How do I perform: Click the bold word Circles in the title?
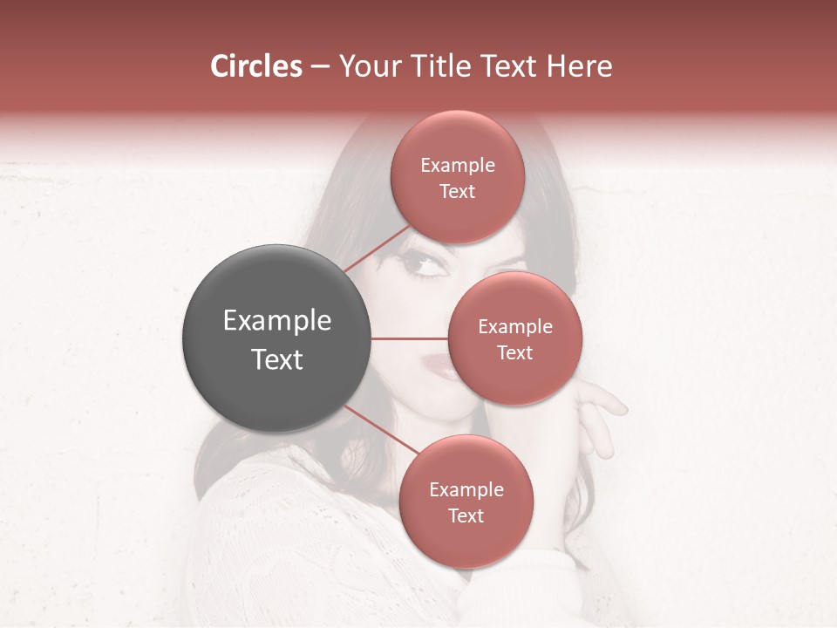pyautogui.click(x=255, y=66)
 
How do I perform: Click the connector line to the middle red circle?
pyautogui.click(x=410, y=338)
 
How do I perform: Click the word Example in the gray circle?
pyautogui.click(x=276, y=321)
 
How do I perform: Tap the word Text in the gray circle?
pyautogui.click(x=276, y=359)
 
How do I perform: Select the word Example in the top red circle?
pyautogui.click(x=457, y=166)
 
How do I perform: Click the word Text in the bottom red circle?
pyautogui.click(x=466, y=516)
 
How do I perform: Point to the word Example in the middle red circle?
pyautogui.click(x=514, y=327)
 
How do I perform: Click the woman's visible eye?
pyautogui.click(x=424, y=264)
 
